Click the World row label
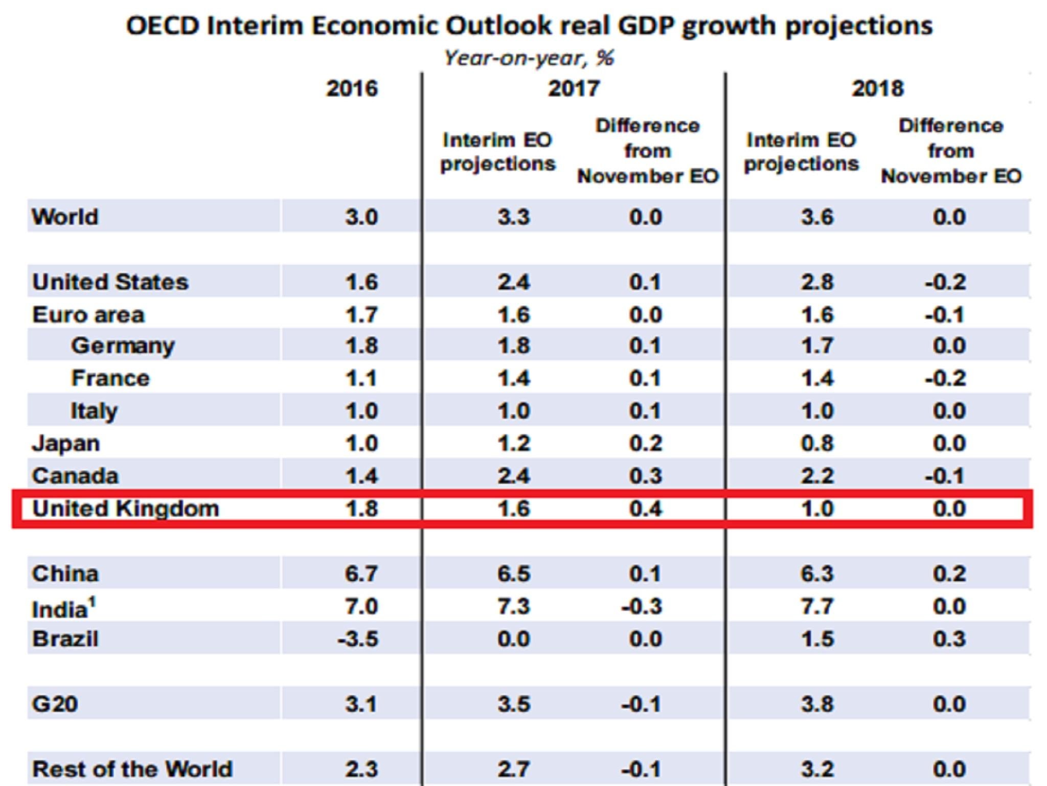point(65,217)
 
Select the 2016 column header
point(352,89)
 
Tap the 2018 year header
point(877,89)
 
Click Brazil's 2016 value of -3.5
point(358,639)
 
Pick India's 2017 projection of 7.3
point(513,606)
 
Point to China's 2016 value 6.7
point(361,574)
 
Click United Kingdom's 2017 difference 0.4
point(645,509)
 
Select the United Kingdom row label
point(125,509)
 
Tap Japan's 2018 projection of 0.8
point(817,443)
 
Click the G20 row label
point(55,704)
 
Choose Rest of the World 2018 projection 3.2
point(817,769)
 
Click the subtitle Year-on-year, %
point(529,58)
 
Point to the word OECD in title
point(162,26)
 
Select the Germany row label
point(123,346)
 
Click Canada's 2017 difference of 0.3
point(645,476)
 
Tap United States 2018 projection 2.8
point(817,282)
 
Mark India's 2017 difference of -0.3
point(642,606)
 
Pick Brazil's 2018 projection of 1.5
point(817,639)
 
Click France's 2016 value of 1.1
point(361,379)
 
